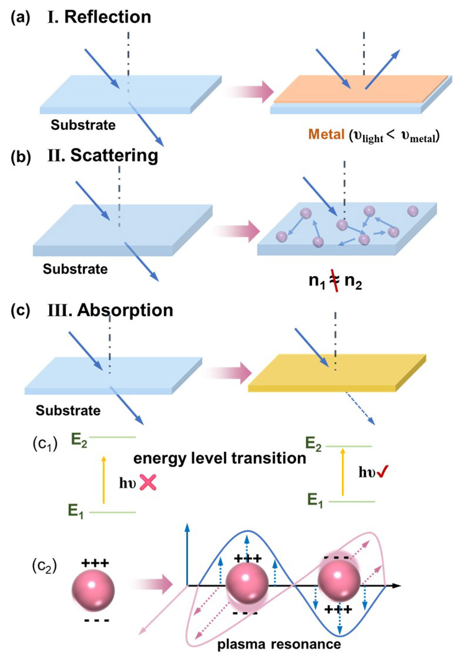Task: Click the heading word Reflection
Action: click(108, 17)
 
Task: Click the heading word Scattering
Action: click(114, 155)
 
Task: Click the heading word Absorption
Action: click(125, 310)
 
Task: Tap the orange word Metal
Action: click(326, 134)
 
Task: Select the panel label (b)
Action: click(20, 157)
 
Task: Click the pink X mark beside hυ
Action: click(148, 482)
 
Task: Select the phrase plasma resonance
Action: click(279, 644)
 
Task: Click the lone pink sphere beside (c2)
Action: click(93, 590)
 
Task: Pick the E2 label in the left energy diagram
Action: click(79, 440)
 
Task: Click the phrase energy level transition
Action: click(219, 458)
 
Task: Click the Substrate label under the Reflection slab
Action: click(83, 125)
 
